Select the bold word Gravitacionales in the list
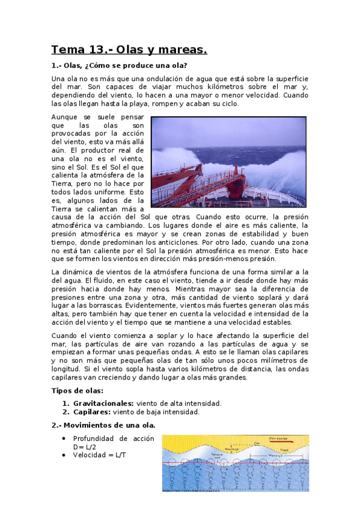pyautogui.click(x=103, y=403)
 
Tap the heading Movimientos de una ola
pyautogui.click(x=105, y=425)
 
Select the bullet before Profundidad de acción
pyautogui.click(x=64, y=439)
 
